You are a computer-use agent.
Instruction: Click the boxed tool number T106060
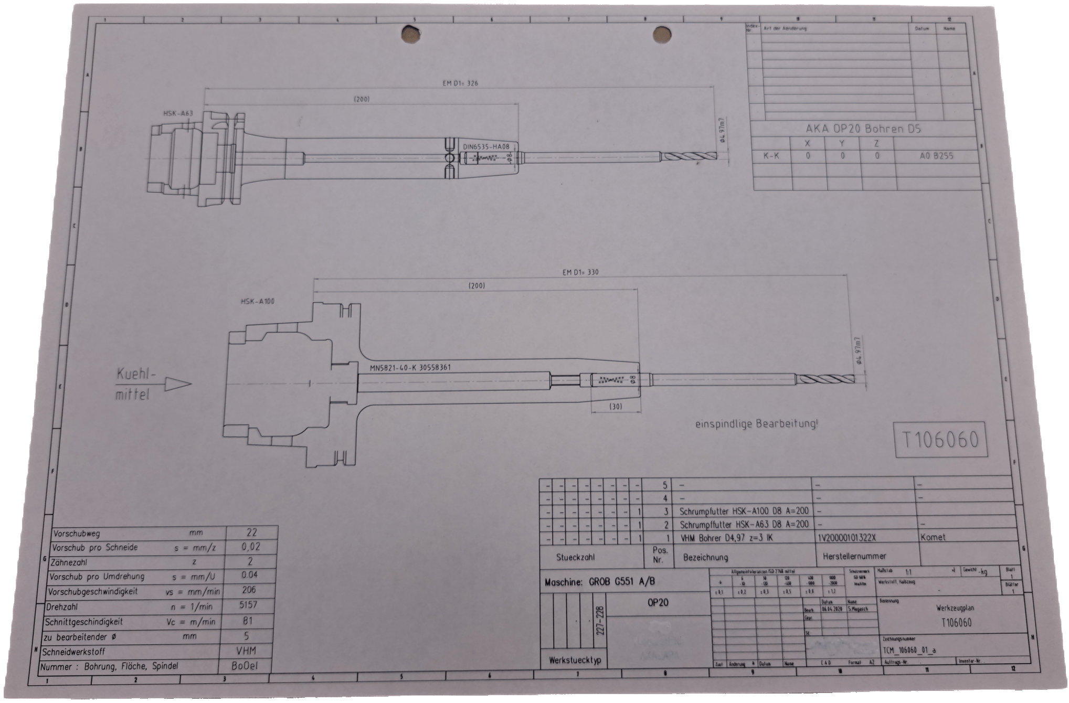[939, 440]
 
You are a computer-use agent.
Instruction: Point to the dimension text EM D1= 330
[580, 272]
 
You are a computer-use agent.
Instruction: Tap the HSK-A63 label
[178, 113]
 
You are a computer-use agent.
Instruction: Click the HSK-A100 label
[257, 302]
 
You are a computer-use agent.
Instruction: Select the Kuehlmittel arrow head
[182, 384]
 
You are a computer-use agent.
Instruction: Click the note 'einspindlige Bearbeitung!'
[756, 424]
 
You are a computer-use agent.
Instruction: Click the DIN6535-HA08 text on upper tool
[486, 147]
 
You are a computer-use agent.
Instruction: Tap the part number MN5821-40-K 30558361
[410, 368]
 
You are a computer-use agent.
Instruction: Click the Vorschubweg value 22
[251, 532]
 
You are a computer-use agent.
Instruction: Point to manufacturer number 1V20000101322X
[846, 538]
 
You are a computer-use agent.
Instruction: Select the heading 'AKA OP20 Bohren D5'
[863, 129]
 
